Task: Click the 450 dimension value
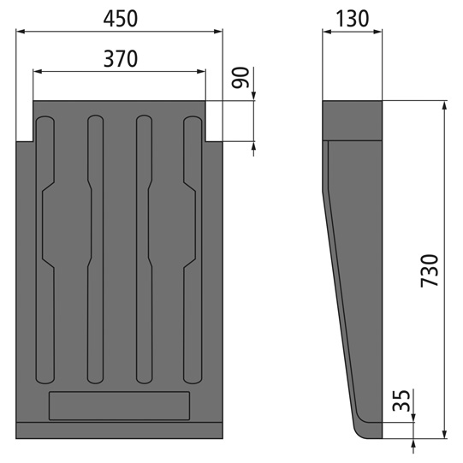pyautogui.click(x=119, y=16)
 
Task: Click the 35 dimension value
pyautogui.click(x=401, y=401)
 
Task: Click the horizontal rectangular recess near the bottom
pyautogui.click(x=119, y=405)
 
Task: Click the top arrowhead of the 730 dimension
pyautogui.click(x=444, y=105)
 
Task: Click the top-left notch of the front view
pyautogui.click(x=25, y=121)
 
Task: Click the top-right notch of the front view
pyautogui.click(x=214, y=121)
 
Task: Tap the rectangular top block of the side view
pyautogui.click(x=352, y=120)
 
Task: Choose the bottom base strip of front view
pyautogui.click(x=119, y=431)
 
